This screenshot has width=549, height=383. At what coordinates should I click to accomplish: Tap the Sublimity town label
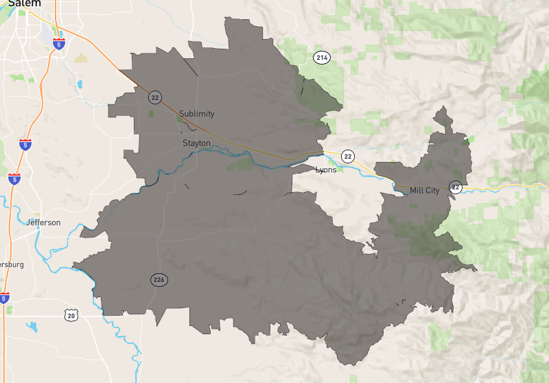(x=196, y=114)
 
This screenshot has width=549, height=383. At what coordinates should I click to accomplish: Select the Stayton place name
(x=196, y=143)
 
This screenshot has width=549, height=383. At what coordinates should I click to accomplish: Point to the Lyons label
(x=326, y=170)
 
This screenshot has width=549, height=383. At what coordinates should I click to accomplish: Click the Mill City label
(x=424, y=190)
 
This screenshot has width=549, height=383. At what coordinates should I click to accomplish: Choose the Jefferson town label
(x=43, y=222)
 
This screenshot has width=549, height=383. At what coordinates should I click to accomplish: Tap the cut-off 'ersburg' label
(x=12, y=264)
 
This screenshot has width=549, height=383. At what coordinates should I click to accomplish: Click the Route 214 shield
(x=321, y=58)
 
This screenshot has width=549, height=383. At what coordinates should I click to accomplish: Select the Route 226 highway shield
(x=159, y=279)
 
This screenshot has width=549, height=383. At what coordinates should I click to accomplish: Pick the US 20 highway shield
(x=71, y=315)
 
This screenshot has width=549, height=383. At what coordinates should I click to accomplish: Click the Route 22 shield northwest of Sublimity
(x=155, y=97)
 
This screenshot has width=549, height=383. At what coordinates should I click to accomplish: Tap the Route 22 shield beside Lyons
(x=348, y=156)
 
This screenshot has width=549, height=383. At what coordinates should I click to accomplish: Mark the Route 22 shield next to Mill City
(x=456, y=187)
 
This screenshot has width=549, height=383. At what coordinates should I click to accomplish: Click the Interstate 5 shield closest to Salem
(x=60, y=45)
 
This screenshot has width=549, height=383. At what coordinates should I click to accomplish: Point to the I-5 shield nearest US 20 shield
(x=4, y=298)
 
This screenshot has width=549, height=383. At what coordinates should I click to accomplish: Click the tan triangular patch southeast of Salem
(x=82, y=58)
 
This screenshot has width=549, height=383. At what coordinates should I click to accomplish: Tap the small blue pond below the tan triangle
(x=80, y=84)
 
